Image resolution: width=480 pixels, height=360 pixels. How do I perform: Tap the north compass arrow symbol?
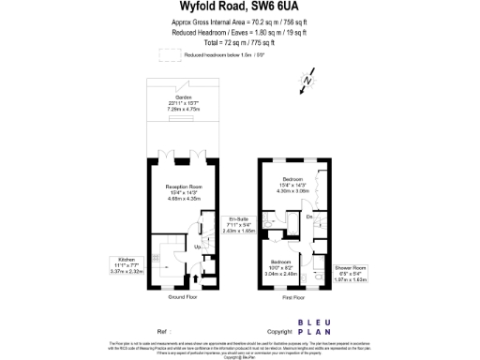[305, 83]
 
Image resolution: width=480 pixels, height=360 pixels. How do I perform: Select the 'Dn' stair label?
[309, 217]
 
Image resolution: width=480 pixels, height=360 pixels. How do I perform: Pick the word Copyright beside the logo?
[280, 332]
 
